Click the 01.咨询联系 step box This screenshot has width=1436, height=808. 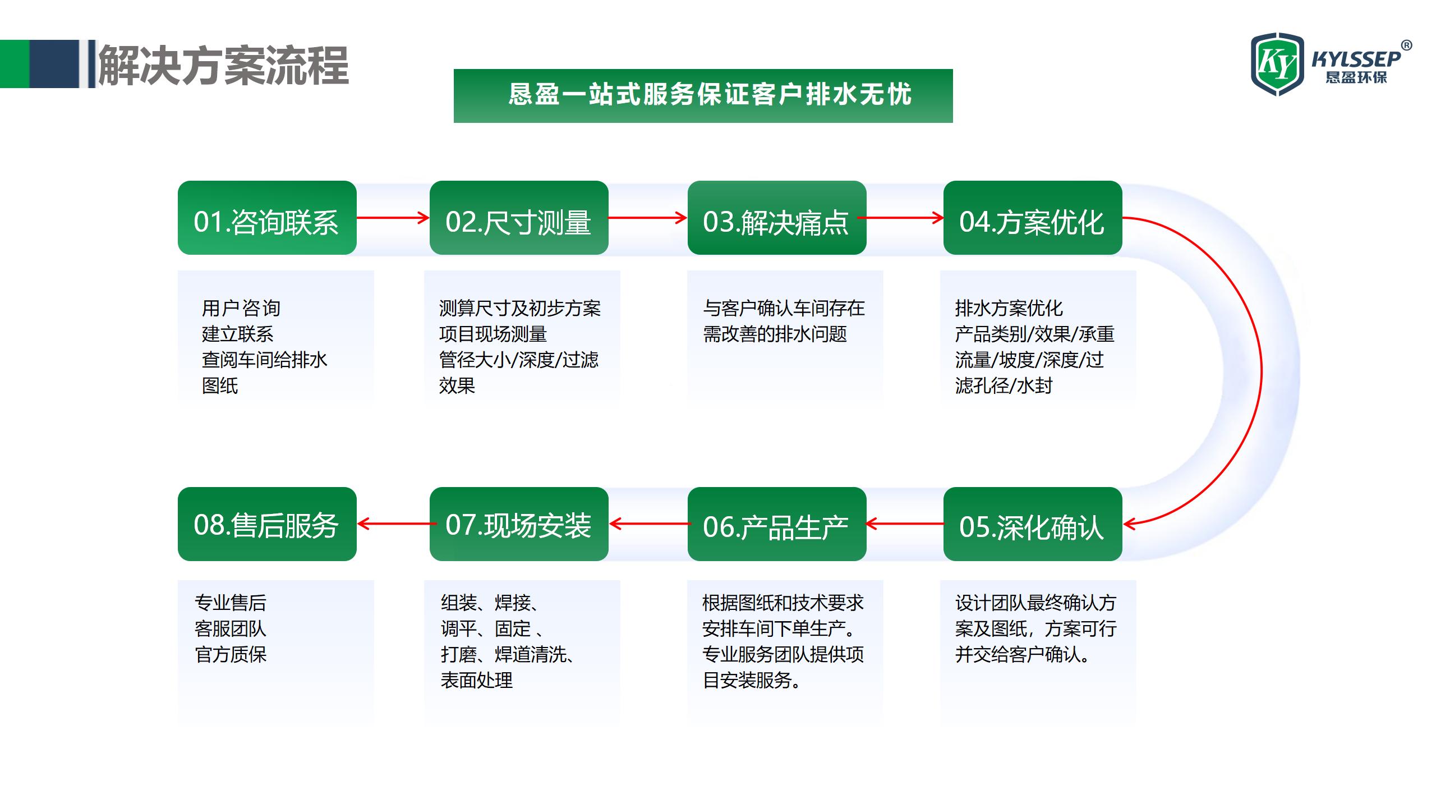[x=267, y=218]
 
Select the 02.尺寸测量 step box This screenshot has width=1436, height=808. [x=519, y=218]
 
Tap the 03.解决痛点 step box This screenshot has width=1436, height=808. [x=777, y=218]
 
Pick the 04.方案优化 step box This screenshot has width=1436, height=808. [x=1033, y=218]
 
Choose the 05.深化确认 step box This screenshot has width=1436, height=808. [x=1033, y=524]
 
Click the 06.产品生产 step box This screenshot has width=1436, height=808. [x=777, y=524]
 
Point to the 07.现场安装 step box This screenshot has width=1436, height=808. [x=519, y=524]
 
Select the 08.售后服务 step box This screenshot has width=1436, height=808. [x=267, y=524]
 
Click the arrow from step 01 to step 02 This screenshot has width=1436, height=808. [x=393, y=218]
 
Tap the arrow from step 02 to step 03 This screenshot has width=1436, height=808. [x=648, y=218]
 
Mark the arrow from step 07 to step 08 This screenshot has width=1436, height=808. [x=397, y=524]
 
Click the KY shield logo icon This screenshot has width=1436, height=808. [x=1278, y=64]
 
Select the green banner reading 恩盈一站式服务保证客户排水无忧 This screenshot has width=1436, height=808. [x=703, y=96]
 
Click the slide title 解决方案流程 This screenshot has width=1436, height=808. [x=223, y=66]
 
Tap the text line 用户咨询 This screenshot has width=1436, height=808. [x=241, y=308]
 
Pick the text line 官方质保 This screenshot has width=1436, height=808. [x=231, y=654]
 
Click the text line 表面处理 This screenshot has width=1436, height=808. [x=477, y=680]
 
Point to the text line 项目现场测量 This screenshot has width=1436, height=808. [x=493, y=334]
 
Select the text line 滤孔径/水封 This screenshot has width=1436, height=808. [x=1004, y=385]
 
